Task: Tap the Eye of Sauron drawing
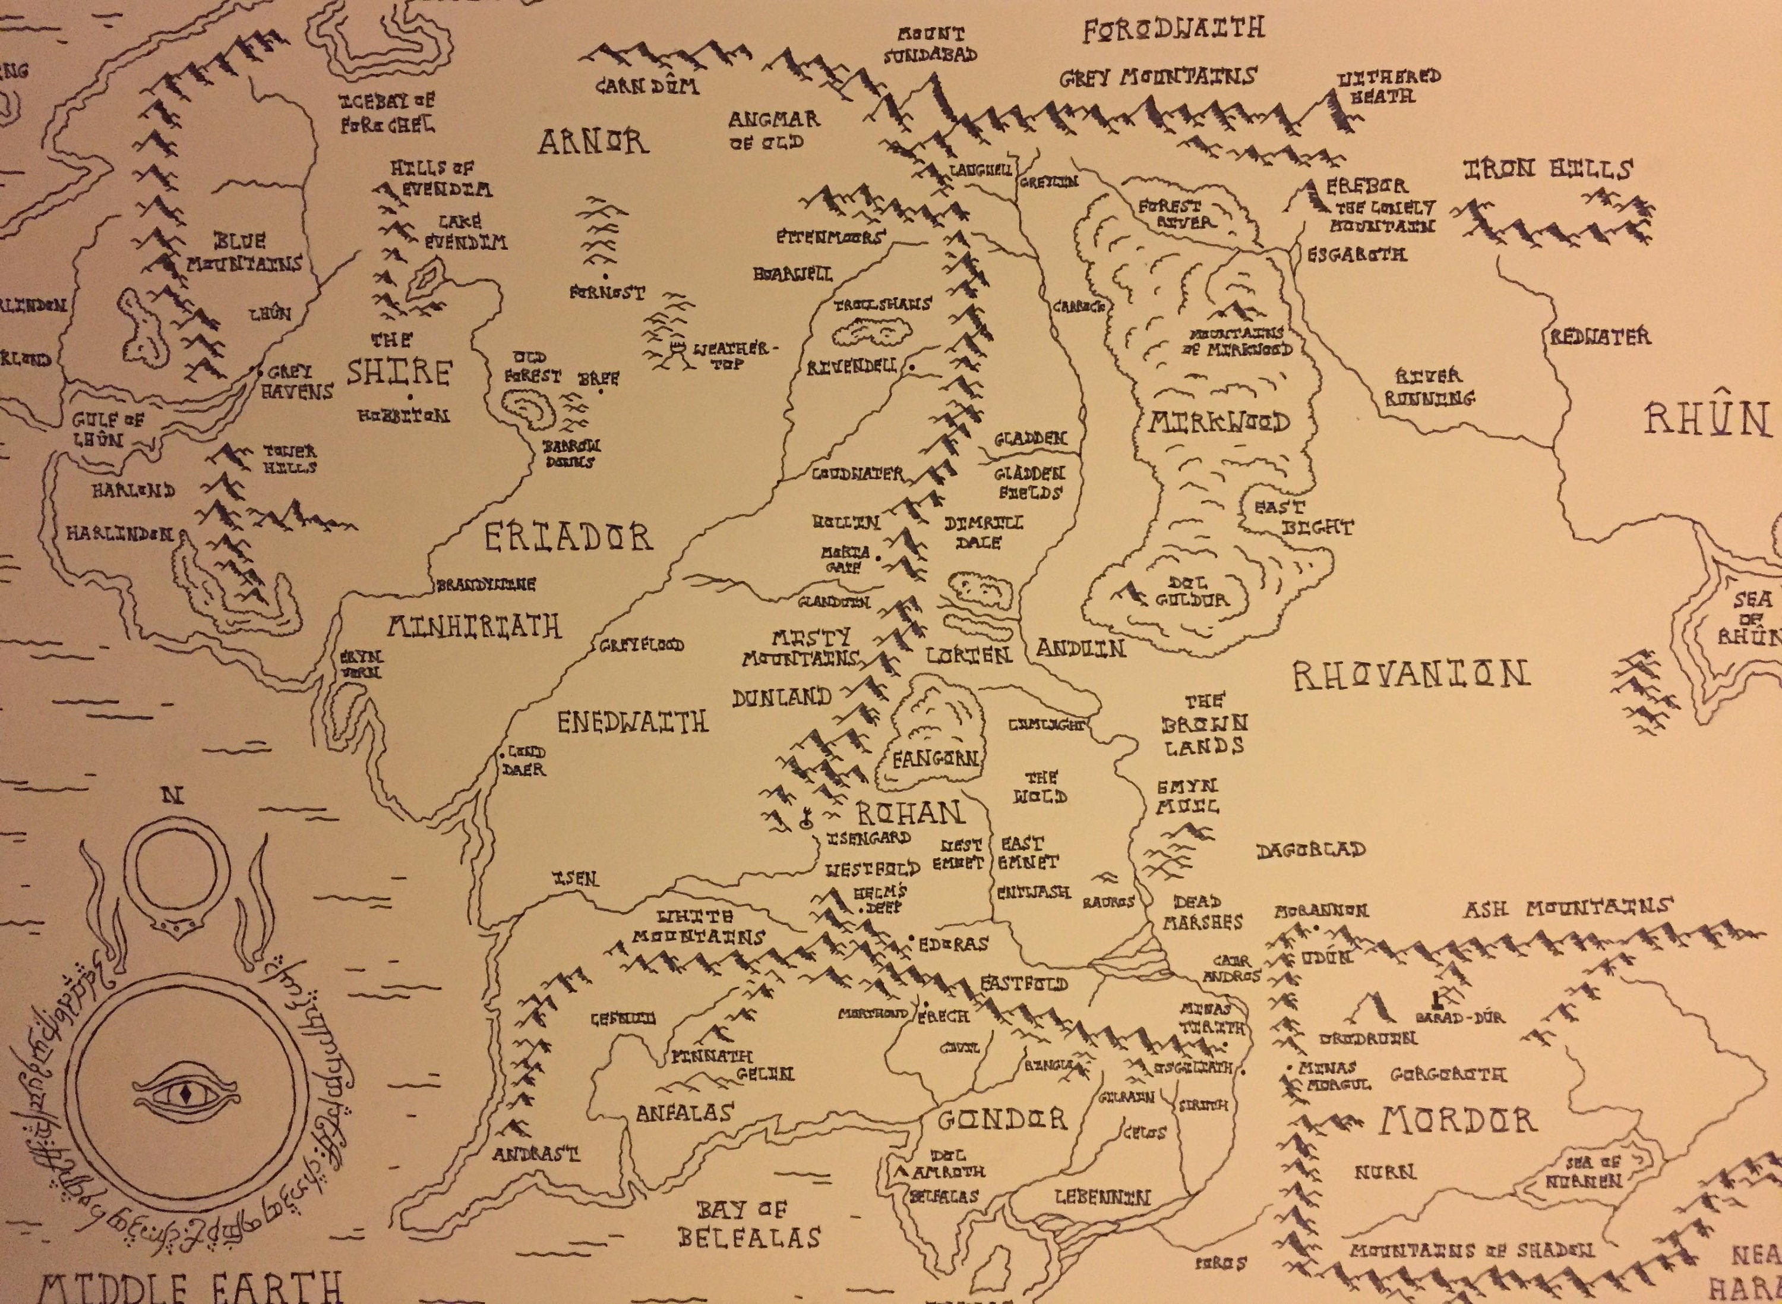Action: tap(183, 1095)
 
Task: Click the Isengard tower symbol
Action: tap(805, 818)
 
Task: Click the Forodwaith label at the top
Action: tap(1173, 30)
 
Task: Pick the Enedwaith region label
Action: tap(633, 722)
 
